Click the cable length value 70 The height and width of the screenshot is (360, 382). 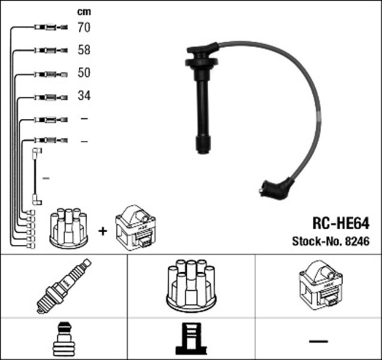click(84, 27)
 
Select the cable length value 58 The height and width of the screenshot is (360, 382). click(84, 50)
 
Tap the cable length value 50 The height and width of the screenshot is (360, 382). click(84, 73)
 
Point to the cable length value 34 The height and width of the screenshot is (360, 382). click(84, 96)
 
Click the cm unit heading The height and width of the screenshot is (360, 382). click(84, 12)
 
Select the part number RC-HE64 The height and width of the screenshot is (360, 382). click(341, 223)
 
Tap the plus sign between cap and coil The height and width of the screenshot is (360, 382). click(103, 231)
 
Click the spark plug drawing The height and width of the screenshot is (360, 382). click(64, 286)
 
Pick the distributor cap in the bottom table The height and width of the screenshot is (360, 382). click(191, 285)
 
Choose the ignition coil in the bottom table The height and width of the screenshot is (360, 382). click(321, 285)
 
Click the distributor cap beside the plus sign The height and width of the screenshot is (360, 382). click(69, 229)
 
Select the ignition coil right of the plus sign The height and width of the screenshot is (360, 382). click(135, 227)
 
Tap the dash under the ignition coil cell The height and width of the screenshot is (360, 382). click(318, 341)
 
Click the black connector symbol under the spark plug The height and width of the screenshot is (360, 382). click(64, 339)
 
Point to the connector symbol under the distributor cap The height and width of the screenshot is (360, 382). click(191, 339)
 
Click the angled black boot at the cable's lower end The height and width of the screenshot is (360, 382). click(276, 189)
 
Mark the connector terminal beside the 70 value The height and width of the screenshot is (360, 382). click(51, 27)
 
